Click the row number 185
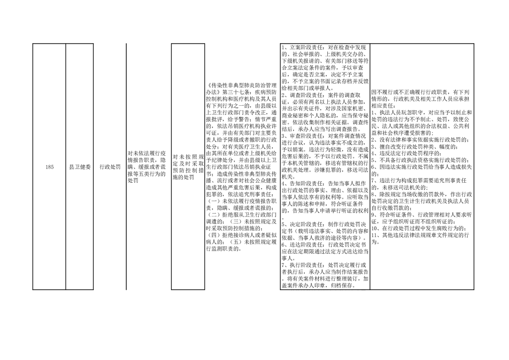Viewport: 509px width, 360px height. coord(49,167)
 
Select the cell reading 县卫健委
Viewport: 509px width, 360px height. coord(80,167)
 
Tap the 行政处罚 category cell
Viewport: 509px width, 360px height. coord(110,167)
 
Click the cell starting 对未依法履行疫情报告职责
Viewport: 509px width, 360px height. coord(147,167)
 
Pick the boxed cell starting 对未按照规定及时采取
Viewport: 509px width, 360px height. coord(188,167)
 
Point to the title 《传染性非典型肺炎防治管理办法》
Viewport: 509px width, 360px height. coord(241,89)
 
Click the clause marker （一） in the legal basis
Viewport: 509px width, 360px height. coord(213,201)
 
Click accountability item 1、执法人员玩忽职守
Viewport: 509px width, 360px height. coord(398,113)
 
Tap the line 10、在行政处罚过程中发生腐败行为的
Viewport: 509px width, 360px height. coord(420,229)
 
